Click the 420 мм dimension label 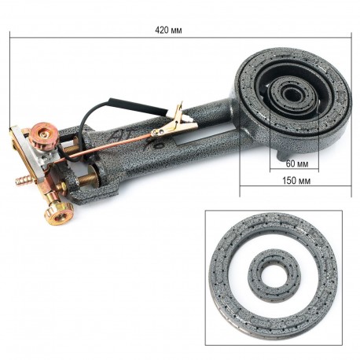(x=168, y=31)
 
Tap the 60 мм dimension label (x=297, y=163)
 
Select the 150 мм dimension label (x=296, y=181)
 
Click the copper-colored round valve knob (x=41, y=133)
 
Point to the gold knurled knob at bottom (x=58, y=213)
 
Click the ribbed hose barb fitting (x=23, y=180)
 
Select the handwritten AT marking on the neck (x=119, y=135)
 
